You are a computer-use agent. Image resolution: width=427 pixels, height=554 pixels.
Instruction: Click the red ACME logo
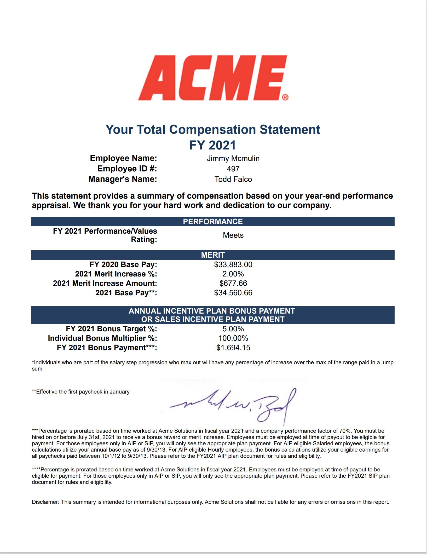tap(212, 78)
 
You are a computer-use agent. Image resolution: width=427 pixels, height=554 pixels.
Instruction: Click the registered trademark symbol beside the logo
tap(285, 97)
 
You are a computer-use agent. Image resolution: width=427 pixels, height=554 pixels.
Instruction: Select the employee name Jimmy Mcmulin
tap(233, 158)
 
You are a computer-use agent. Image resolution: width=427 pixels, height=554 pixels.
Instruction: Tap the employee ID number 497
tap(233, 169)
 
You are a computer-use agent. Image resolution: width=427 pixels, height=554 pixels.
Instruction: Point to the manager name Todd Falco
tap(233, 179)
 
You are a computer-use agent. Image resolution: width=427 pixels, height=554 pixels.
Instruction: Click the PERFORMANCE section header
tap(213, 222)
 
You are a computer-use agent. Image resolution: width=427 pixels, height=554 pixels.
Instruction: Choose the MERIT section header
tap(213, 255)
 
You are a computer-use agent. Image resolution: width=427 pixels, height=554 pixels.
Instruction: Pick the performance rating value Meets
tap(233, 235)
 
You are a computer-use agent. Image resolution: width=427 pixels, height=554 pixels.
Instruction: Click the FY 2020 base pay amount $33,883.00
tap(233, 264)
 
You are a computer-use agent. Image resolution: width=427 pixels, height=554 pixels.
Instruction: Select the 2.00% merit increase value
tap(233, 274)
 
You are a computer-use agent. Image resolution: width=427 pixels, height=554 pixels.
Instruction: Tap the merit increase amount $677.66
tap(233, 283)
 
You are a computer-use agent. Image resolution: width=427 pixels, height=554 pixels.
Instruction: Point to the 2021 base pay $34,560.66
tap(233, 293)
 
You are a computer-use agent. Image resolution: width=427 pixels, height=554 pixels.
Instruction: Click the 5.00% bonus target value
tap(233, 329)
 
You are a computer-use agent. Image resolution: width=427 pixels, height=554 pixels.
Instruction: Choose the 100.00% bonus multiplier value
tap(233, 338)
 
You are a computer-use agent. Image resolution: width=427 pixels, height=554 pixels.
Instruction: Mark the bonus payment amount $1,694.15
tap(233, 348)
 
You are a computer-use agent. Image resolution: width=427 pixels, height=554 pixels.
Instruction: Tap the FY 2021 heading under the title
tap(213, 145)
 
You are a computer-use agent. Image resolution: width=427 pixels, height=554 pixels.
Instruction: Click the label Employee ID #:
tap(127, 169)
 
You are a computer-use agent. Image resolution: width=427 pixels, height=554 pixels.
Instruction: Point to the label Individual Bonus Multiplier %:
tap(102, 338)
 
